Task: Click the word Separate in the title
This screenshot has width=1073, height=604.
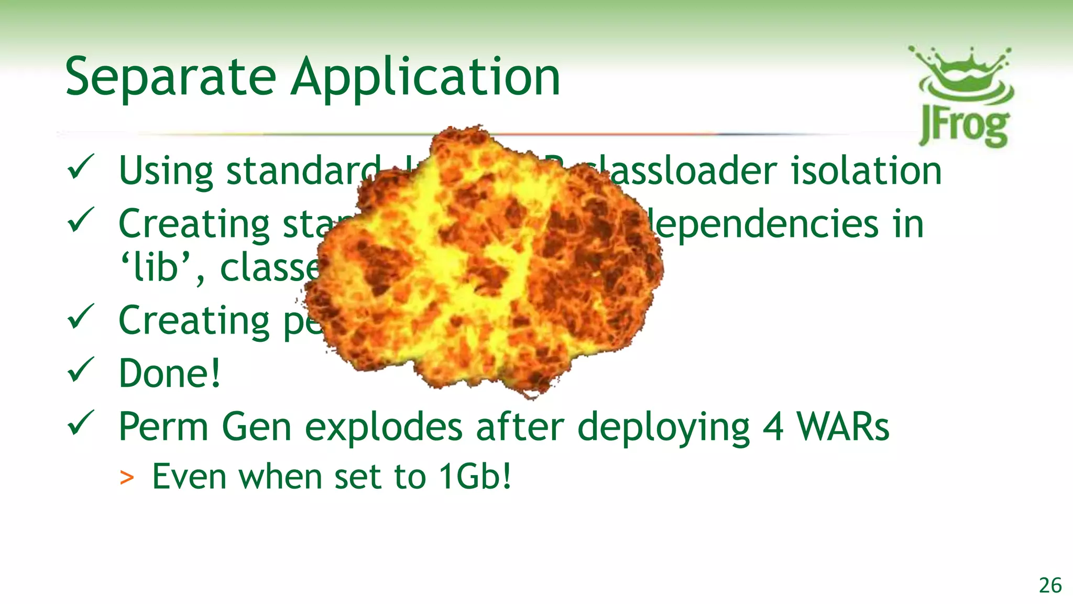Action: [x=170, y=78]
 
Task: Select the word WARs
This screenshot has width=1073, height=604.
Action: [x=843, y=427]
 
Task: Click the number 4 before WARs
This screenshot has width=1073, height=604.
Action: [x=773, y=427]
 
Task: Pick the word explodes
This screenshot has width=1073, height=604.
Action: [x=384, y=427]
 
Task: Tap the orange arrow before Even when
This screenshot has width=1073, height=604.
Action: [x=127, y=478]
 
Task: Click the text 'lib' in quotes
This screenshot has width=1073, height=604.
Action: [x=156, y=267]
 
